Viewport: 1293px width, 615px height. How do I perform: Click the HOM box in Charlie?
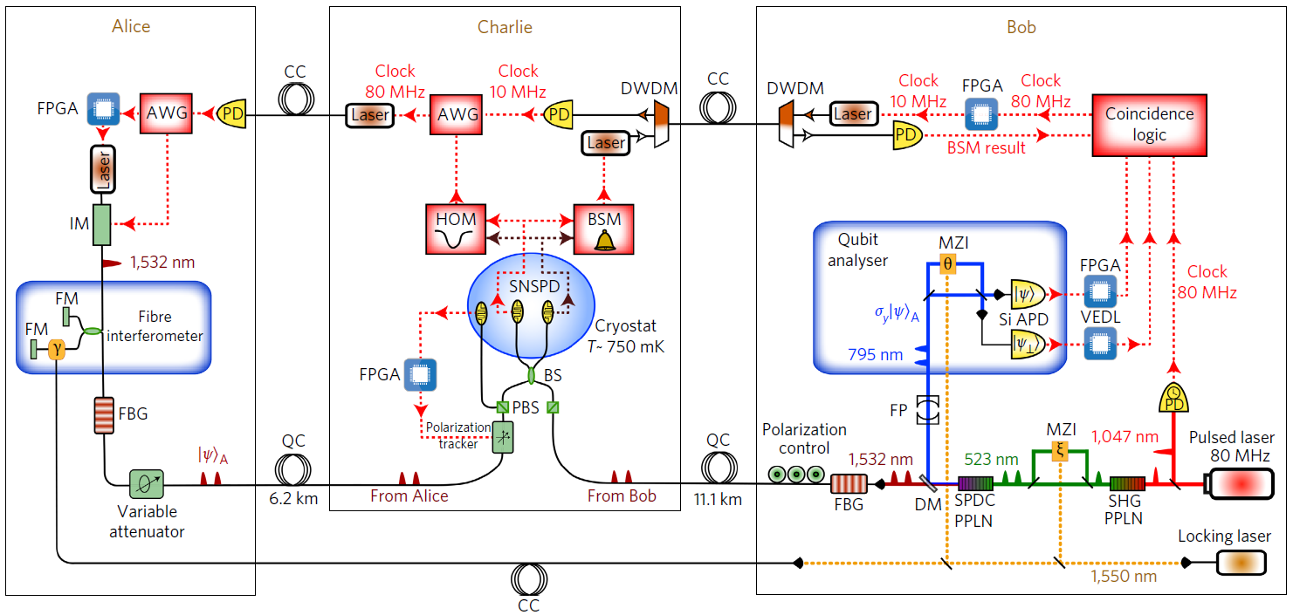[455, 229]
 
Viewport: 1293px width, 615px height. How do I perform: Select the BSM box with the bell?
[603, 229]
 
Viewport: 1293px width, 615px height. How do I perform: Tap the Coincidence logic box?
[1149, 125]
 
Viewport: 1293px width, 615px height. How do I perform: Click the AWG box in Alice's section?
[166, 113]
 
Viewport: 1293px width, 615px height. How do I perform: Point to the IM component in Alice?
[102, 224]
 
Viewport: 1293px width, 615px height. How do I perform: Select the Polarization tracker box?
[504, 436]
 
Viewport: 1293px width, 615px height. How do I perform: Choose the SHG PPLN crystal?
[1127, 482]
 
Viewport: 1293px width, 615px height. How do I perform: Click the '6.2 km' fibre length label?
[293, 499]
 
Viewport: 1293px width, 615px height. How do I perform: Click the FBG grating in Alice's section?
[104, 414]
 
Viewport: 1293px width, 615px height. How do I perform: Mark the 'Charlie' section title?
[505, 27]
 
